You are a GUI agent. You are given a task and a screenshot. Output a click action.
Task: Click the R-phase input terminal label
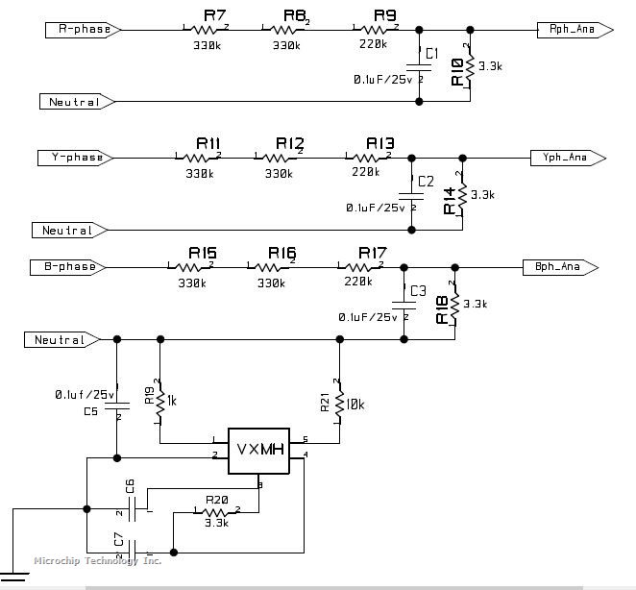click(83, 30)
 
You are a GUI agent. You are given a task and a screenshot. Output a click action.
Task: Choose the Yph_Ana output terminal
click(568, 157)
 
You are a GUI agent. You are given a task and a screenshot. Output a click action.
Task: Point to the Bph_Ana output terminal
click(562, 266)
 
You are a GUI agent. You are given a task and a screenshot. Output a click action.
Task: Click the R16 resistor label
click(282, 253)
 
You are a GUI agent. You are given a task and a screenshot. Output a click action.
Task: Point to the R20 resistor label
click(216, 500)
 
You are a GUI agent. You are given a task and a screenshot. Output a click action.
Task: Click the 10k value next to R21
click(354, 406)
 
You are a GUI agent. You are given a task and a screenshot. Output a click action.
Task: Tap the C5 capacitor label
click(91, 411)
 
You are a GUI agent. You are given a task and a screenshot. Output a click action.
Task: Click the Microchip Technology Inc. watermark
click(97, 561)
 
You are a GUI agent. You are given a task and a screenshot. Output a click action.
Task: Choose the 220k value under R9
click(372, 44)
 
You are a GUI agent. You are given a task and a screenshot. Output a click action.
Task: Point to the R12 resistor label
click(289, 143)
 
